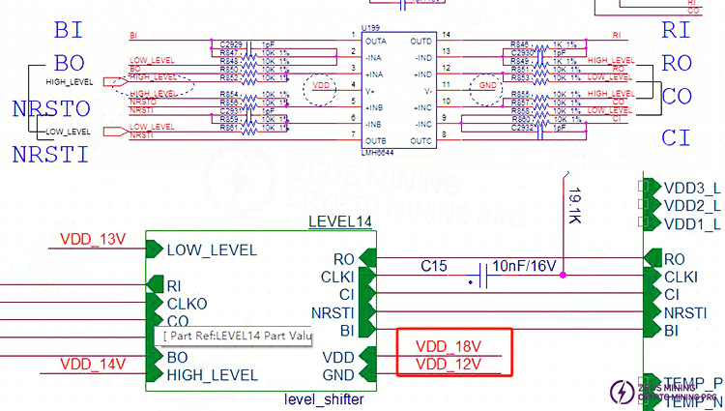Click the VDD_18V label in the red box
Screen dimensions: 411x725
click(x=449, y=345)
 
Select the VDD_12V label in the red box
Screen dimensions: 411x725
click(x=449, y=364)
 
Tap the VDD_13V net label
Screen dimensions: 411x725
click(x=93, y=239)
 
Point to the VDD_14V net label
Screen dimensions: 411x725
click(x=93, y=364)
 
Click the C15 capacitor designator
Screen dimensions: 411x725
click(x=434, y=265)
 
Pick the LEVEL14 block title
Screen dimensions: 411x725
click(x=339, y=222)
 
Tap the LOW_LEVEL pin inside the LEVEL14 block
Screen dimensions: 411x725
click(x=212, y=250)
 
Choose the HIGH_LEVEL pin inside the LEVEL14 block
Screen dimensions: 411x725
click(x=212, y=374)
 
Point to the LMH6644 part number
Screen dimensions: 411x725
click(x=378, y=151)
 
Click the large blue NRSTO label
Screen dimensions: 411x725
click(x=50, y=108)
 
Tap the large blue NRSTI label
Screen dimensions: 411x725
click(x=50, y=153)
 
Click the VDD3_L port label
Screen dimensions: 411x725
click(x=692, y=188)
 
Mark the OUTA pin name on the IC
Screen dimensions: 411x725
click(x=375, y=42)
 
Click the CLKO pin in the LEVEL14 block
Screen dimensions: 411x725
click(x=186, y=303)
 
